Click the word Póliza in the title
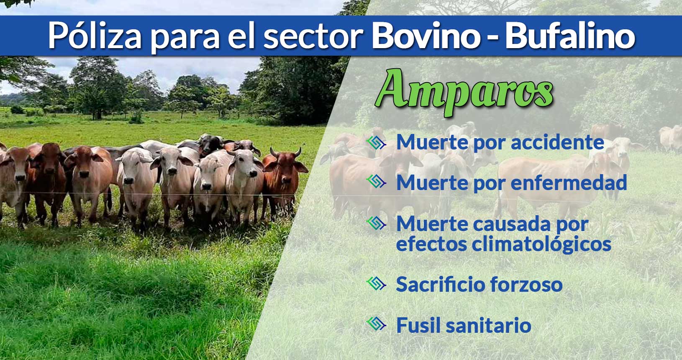click(95, 36)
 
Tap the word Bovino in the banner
click(426, 36)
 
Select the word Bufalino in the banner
click(570, 36)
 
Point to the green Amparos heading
click(464, 93)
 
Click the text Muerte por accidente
click(500, 142)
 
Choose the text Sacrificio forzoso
click(479, 284)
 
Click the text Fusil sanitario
click(464, 325)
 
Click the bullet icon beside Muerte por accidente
click(376, 143)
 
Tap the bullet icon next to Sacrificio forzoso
click(376, 284)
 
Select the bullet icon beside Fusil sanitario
click(376, 324)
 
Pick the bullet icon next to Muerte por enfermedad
click(376, 182)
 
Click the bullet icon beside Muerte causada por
click(376, 224)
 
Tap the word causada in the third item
click(512, 224)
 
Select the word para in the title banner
click(185, 39)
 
